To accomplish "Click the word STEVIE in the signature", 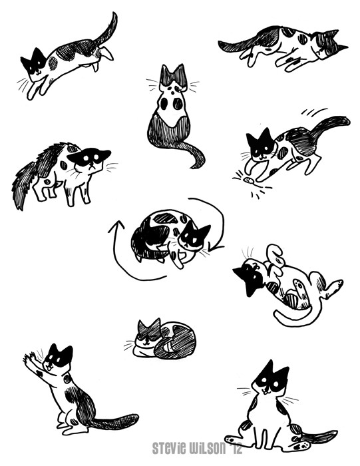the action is pyautogui.click(x=166, y=448).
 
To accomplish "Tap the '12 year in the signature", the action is pyautogui.click(x=236, y=447).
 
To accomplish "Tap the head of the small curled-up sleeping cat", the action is pyautogui.click(x=147, y=332).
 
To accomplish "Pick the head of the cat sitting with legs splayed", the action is pyautogui.click(x=270, y=378).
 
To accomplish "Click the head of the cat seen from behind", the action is pyautogui.click(x=173, y=78).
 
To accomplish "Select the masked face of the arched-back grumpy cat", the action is pyautogui.click(x=89, y=161).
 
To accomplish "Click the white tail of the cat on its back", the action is pyautogui.click(x=297, y=318).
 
